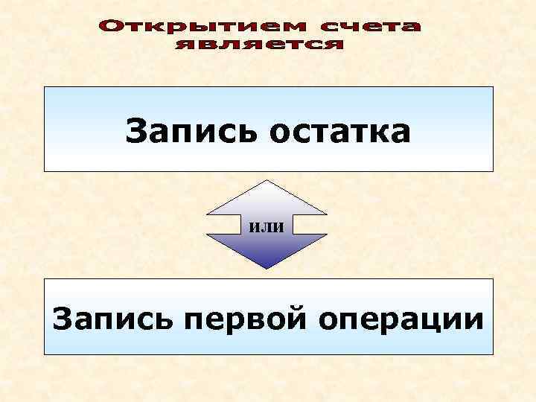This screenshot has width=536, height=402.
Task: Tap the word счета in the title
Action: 370,28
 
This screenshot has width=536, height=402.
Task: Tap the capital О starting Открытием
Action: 109,28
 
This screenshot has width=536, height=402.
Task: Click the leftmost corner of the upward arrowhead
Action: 206,217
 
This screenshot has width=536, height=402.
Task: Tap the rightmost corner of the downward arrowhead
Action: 328,234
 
